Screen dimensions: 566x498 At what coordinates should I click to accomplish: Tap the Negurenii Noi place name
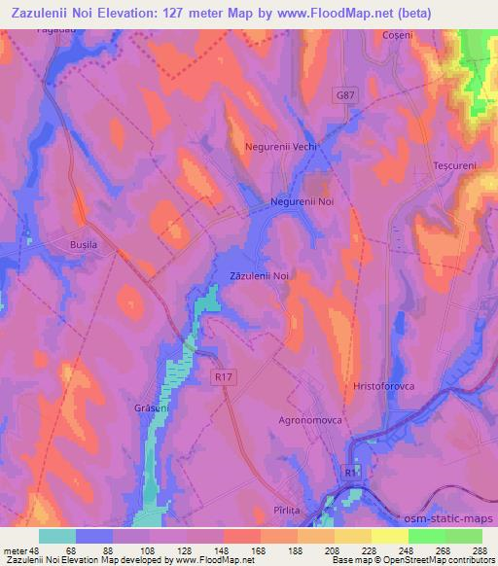click(x=302, y=201)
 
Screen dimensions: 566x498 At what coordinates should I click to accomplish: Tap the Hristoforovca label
click(x=383, y=386)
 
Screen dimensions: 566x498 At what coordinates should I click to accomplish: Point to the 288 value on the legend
click(x=480, y=549)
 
